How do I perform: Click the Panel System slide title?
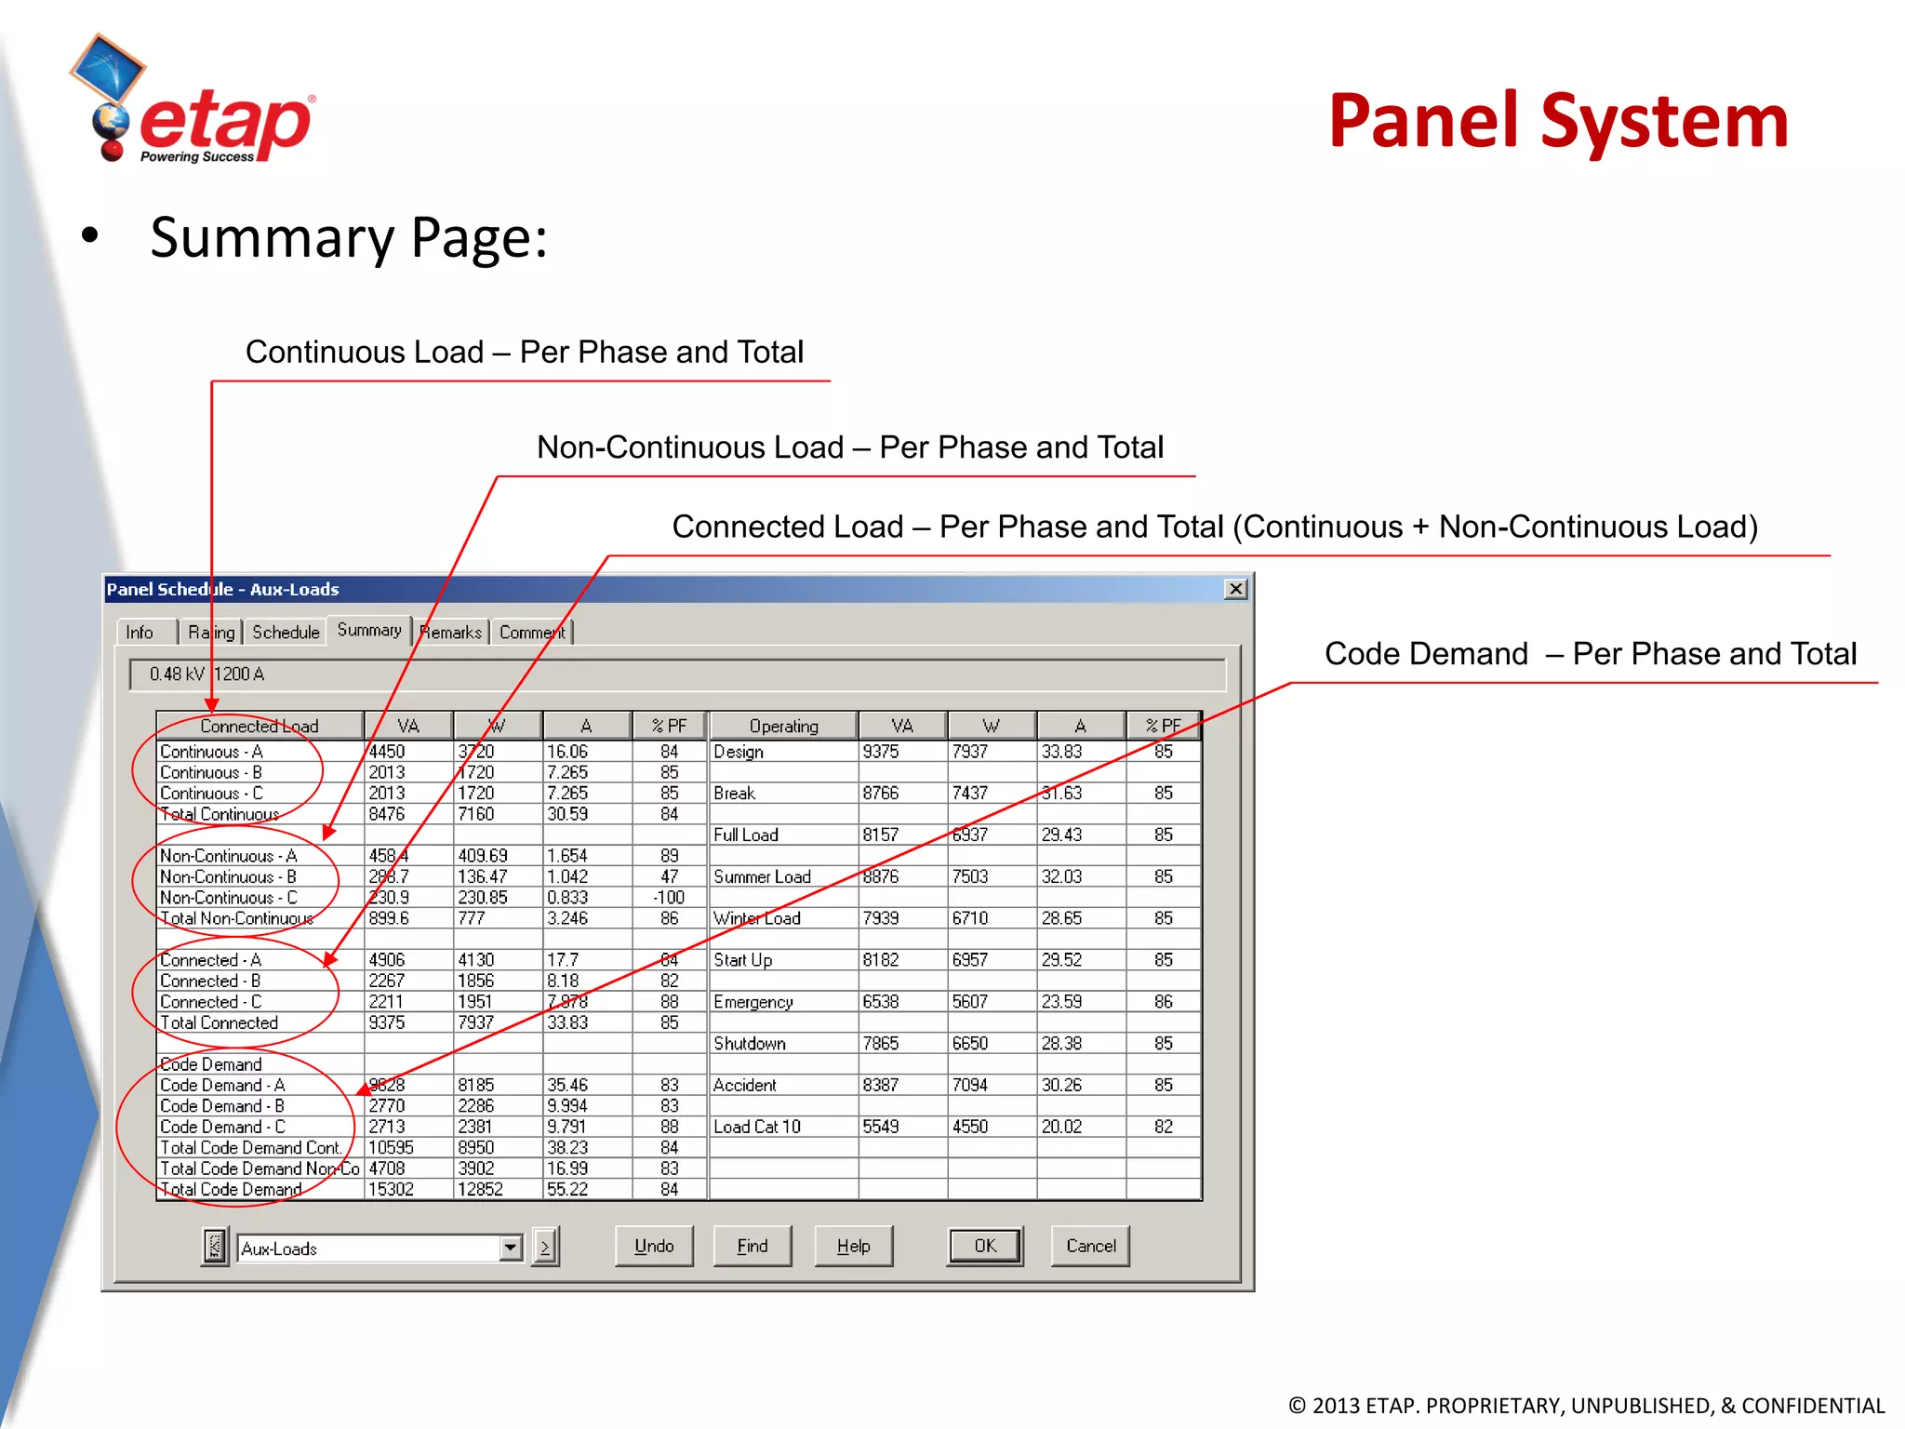tap(1557, 121)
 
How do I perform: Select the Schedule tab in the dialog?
tap(286, 633)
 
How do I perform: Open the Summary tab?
tap(369, 631)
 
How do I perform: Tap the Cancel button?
tap(1090, 1246)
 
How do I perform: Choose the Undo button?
tap(654, 1246)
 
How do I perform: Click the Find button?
tap(753, 1246)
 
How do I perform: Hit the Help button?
tap(853, 1246)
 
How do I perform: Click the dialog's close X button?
tap(1235, 589)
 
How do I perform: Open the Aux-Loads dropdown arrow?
tap(511, 1248)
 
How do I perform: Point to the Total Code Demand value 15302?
tap(391, 1189)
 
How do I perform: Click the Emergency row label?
tap(753, 1002)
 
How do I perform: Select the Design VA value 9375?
tap(881, 752)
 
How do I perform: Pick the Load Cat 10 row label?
tap(757, 1127)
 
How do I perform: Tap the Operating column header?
tap(783, 726)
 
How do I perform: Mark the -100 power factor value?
tap(669, 898)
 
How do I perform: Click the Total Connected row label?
tap(220, 1022)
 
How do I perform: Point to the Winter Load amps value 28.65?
tap(1061, 918)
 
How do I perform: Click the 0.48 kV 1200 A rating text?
tap(207, 674)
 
